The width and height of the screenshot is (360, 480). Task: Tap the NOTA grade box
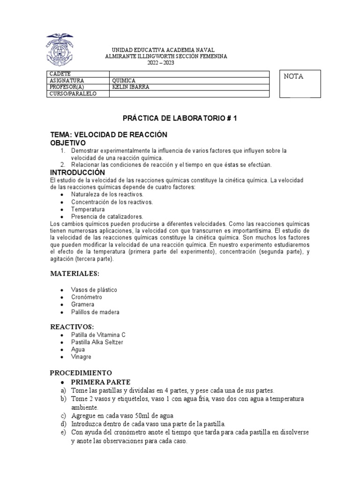click(x=300, y=84)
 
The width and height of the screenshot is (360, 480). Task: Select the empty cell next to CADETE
click(x=189, y=74)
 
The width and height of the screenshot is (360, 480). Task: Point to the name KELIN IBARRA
click(x=131, y=87)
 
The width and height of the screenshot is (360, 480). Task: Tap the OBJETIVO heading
click(x=68, y=142)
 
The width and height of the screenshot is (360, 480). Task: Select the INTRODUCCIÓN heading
click(x=77, y=173)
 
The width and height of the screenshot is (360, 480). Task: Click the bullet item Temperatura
click(x=88, y=209)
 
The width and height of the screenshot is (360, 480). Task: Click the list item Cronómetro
click(x=87, y=297)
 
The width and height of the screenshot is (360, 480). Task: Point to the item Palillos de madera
click(x=95, y=312)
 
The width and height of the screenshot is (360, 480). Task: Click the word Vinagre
click(x=81, y=357)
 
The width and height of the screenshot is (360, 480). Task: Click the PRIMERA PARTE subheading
click(x=100, y=382)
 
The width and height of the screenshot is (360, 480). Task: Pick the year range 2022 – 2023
click(x=161, y=63)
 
